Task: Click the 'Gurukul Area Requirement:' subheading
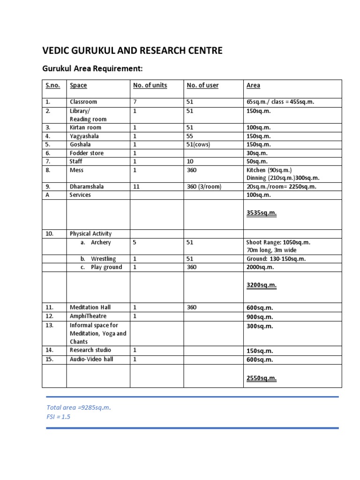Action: click(x=92, y=69)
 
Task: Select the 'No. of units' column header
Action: click(x=150, y=85)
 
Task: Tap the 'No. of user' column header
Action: click(x=202, y=85)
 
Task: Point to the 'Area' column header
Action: click(x=253, y=85)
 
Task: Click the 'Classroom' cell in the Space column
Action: click(x=83, y=102)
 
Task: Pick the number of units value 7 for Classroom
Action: click(x=135, y=102)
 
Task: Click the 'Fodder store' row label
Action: click(x=87, y=153)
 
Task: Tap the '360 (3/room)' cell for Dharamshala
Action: click(x=204, y=186)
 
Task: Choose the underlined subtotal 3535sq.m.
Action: click(x=262, y=213)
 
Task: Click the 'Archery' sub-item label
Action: click(x=101, y=242)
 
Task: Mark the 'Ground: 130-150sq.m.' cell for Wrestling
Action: click(x=276, y=259)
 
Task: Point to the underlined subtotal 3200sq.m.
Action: click(x=262, y=285)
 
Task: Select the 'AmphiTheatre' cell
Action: click(x=88, y=316)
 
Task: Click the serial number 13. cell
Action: click(x=50, y=325)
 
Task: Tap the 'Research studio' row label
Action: click(x=90, y=350)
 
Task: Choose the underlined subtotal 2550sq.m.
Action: click(x=262, y=378)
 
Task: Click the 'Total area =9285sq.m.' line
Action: click(x=79, y=407)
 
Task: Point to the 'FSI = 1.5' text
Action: click(x=59, y=416)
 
